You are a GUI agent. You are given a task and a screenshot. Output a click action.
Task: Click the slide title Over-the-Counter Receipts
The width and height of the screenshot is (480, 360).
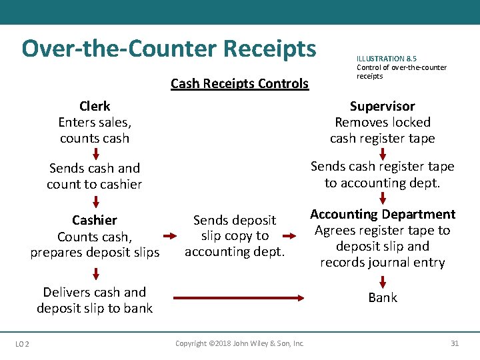(x=169, y=49)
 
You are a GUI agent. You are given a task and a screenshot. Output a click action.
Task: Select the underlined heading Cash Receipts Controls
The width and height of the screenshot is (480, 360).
(x=239, y=83)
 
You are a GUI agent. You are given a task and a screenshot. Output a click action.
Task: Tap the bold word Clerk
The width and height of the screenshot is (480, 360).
(x=95, y=106)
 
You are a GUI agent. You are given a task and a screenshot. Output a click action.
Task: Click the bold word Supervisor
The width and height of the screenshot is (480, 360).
(x=382, y=106)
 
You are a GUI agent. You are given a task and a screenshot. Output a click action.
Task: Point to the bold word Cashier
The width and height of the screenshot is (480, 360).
(x=95, y=220)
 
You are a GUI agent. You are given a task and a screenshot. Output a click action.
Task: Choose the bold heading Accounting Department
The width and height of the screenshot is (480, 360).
(x=382, y=214)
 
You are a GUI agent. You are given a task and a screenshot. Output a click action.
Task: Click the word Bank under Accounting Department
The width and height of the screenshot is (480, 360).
(x=382, y=297)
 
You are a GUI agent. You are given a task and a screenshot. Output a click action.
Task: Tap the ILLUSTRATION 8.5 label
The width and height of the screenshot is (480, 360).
(x=387, y=59)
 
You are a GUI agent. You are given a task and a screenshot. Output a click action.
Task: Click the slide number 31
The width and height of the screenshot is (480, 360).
(x=455, y=343)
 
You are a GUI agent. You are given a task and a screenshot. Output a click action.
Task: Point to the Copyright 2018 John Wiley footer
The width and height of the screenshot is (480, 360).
(x=239, y=343)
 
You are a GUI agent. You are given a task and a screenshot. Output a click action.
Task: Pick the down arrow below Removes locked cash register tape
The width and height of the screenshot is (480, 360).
(x=383, y=153)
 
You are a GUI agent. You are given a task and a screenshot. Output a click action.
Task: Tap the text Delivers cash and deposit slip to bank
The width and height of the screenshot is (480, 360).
(x=95, y=300)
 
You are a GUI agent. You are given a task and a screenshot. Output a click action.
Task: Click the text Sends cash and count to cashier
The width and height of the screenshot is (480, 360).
(x=95, y=176)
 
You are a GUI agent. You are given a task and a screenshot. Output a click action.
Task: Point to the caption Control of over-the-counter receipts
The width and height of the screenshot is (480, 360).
(x=401, y=71)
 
